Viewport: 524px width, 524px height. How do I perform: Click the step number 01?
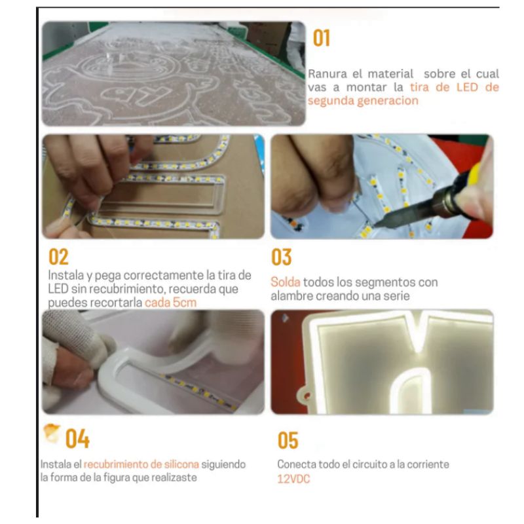click(x=322, y=38)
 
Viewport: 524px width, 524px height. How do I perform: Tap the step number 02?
click(x=58, y=257)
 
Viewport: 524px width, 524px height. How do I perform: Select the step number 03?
click(x=282, y=257)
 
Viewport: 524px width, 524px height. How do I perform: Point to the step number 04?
click(x=77, y=438)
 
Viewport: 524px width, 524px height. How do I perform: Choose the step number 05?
click(x=288, y=440)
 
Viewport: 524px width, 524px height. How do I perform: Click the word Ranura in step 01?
click(x=327, y=73)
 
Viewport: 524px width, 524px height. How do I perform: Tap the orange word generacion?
click(x=388, y=101)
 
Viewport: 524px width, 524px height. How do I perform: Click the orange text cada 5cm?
click(x=170, y=303)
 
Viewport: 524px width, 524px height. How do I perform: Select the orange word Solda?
click(x=286, y=282)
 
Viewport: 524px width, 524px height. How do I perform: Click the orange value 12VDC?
click(x=293, y=479)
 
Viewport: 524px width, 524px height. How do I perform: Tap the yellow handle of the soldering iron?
click(x=474, y=174)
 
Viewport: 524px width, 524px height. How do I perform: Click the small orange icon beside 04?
click(x=52, y=433)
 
